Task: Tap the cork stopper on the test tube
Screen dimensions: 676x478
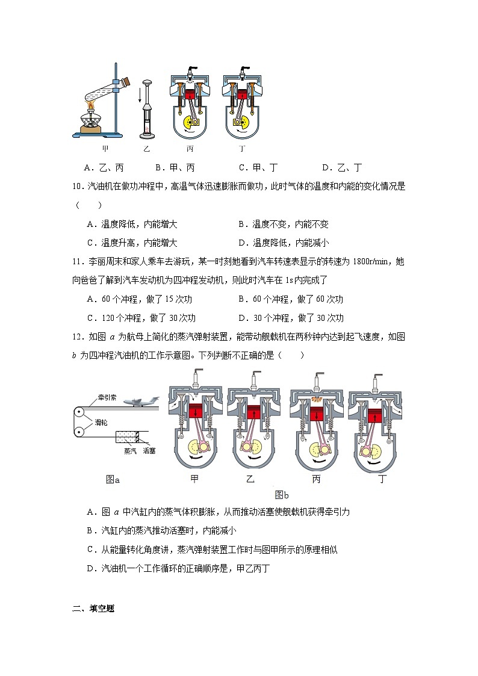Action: (128, 80)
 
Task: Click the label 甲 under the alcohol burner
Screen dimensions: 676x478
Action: (105, 148)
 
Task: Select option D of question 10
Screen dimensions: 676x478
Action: (284, 243)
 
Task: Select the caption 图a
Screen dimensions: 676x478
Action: (113, 480)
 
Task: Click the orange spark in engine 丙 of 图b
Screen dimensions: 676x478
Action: (315, 398)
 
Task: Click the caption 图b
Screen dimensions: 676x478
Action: (281, 495)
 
